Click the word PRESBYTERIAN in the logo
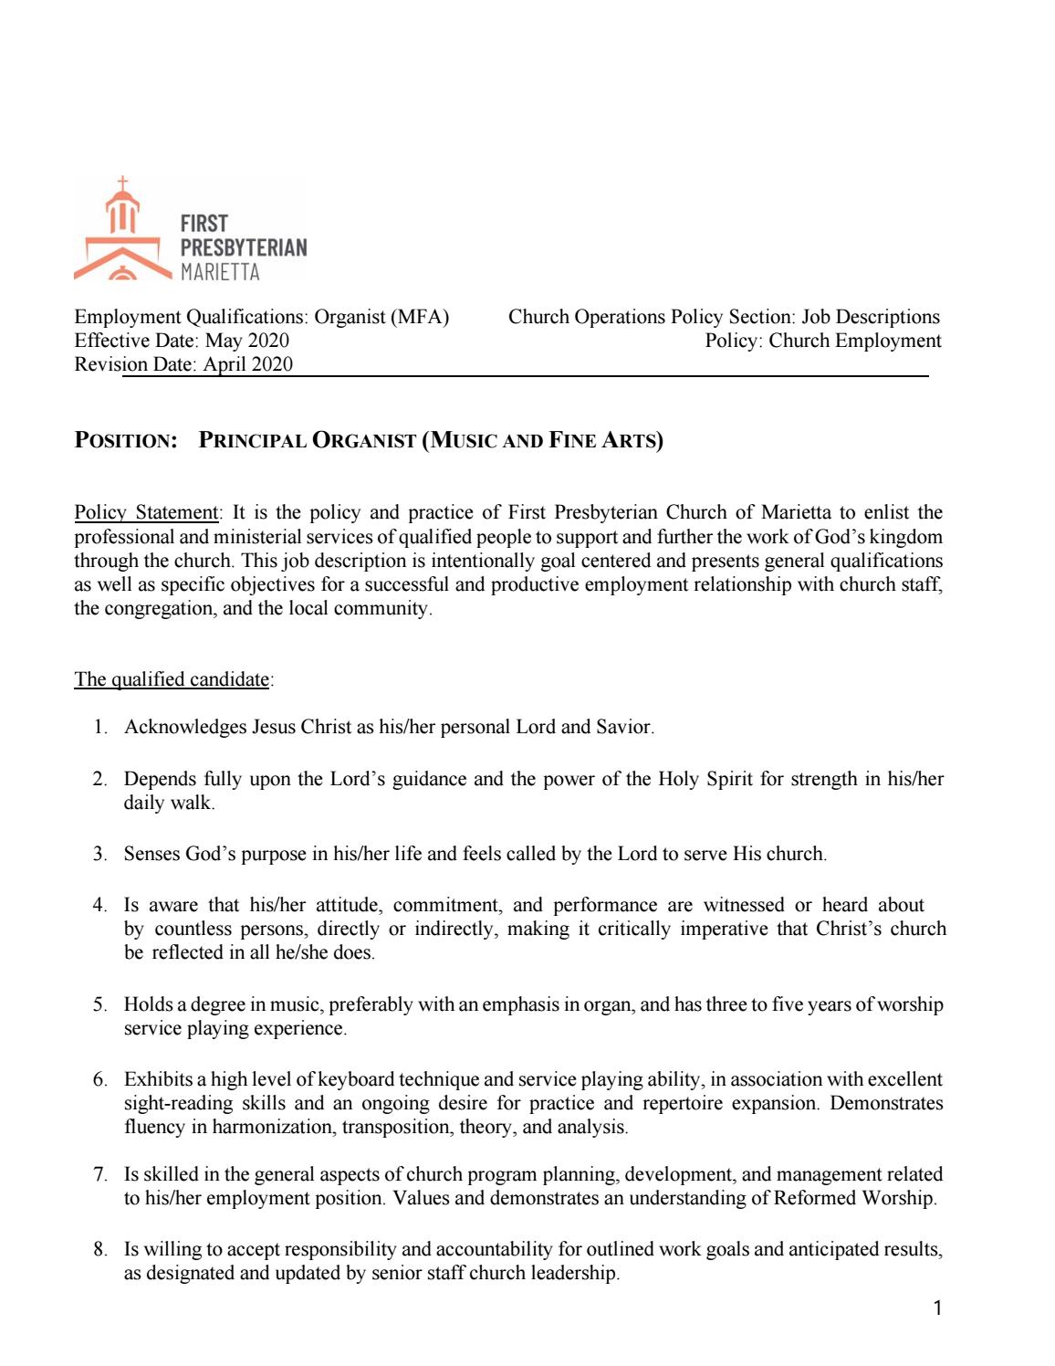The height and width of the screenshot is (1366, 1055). click(x=243, y=247)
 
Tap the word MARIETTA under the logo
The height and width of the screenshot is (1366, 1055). click(x=220, y=272)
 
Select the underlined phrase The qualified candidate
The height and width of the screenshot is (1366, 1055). click(x=172, y=679)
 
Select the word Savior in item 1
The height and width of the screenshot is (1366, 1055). click(x=624, y=728)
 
